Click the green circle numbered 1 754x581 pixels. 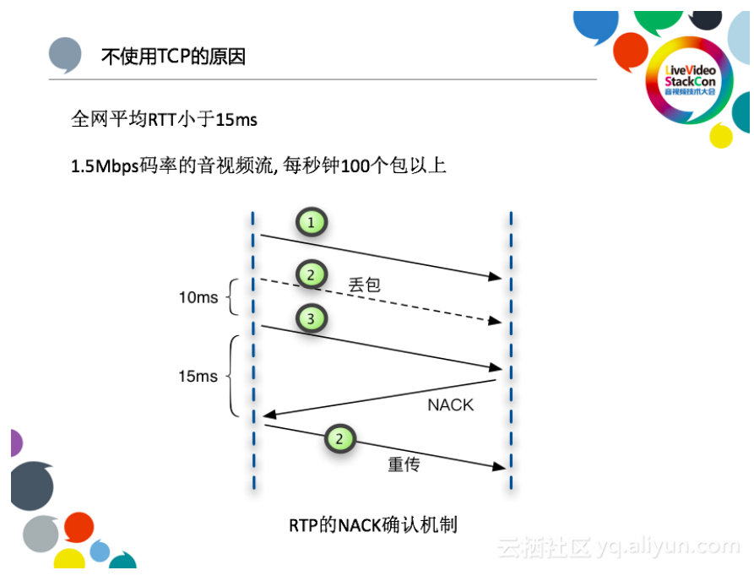click(312, 223)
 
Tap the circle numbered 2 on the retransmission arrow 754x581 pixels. click(339, 439)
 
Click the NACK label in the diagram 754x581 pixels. click(450, 405)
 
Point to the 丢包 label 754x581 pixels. click(364, 285)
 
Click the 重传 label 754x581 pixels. click(404, 464)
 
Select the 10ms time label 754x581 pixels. click(198, 297)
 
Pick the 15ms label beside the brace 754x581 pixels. click(198, 376)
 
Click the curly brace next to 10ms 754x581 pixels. click(233, 297)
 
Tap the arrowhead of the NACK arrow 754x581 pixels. click(269, 413)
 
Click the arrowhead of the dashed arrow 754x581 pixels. click(495, 321)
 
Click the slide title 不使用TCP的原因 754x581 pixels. click(173, 57)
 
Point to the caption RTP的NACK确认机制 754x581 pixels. click(373, 524)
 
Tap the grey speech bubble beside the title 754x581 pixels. click(66, 56)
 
